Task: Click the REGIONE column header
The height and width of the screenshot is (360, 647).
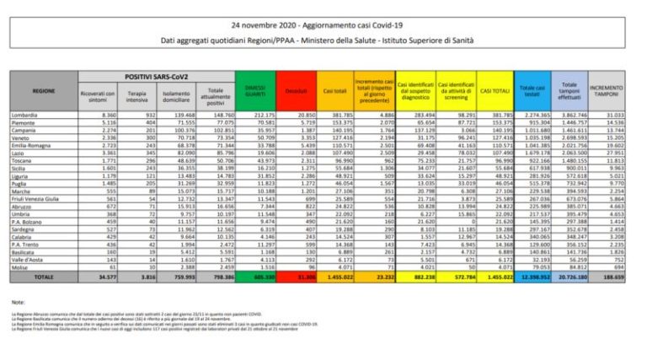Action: [x=44, y=88]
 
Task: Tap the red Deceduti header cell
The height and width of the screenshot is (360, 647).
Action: [x=292, y=89]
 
